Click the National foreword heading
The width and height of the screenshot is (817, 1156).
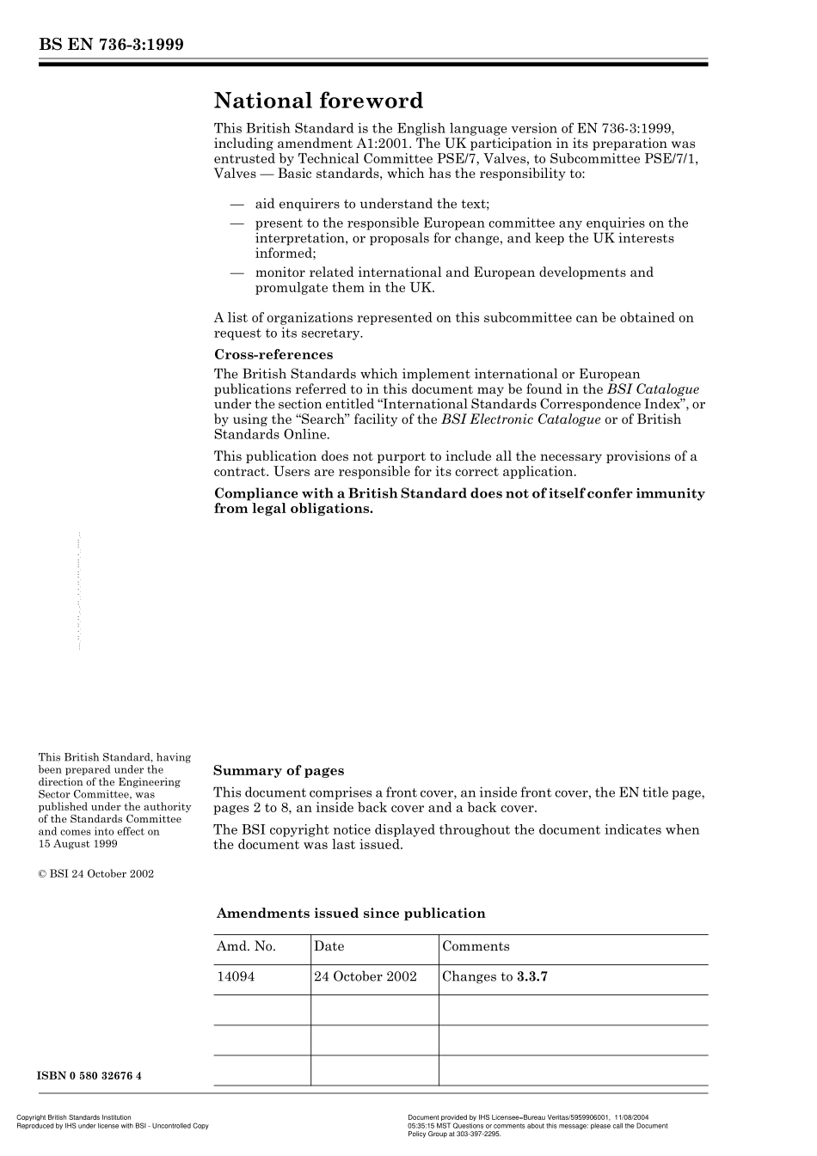tap(318, 101)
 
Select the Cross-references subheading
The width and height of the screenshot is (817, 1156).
tap(273, 355)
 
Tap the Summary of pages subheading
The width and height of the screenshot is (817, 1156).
tap(279, 771)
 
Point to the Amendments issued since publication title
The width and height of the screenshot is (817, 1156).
tap(351, 914)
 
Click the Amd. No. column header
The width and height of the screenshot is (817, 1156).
tap(246, 946)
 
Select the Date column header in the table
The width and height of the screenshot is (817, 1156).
tap(329, 946)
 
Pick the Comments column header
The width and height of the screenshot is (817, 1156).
tap(476, 946)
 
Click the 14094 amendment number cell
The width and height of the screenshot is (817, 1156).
tap(236, 976)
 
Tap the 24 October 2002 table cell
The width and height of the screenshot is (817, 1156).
tap(365, 976)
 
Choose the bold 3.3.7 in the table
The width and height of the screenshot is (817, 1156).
tap(532, 976)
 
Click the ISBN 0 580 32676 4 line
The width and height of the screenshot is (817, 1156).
tap(90, 1076)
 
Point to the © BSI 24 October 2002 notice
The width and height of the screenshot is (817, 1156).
tap(96, 874)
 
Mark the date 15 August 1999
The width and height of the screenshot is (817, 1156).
tap(78, 844)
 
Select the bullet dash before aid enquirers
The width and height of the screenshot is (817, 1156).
tap(237, 205)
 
